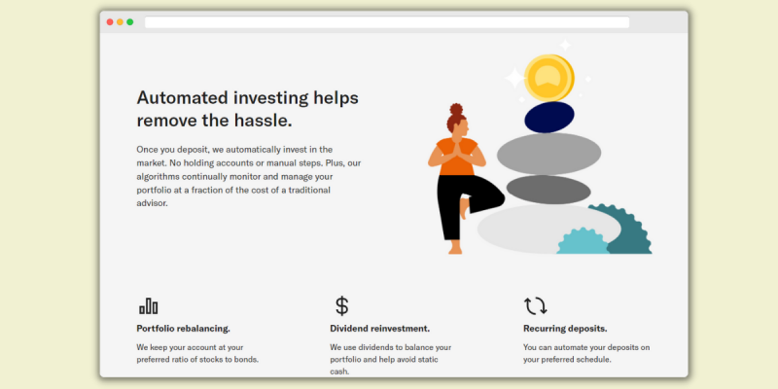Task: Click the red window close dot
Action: tap(110, 21)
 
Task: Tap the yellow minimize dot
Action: tap(120, 21)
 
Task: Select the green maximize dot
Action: tap(130, 21)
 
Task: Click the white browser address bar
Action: tap(387, 22)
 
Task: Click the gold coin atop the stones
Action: tap(548, 78)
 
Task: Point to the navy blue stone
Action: tap(549, 117)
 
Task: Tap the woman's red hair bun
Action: tap(456, 110)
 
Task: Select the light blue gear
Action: tap(583, 241)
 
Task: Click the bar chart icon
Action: tap(149, 306)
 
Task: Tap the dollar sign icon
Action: tap(342, 305)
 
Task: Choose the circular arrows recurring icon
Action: tap(536, 306)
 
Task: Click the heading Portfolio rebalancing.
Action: tap(183, 329)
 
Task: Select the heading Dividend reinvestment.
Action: tap(379, 329)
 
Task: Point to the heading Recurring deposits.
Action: tap(565, 329)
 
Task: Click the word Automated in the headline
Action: tap(182, 98)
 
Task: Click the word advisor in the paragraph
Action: tap(153, 203)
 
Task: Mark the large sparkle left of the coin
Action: tap(514, 79)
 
